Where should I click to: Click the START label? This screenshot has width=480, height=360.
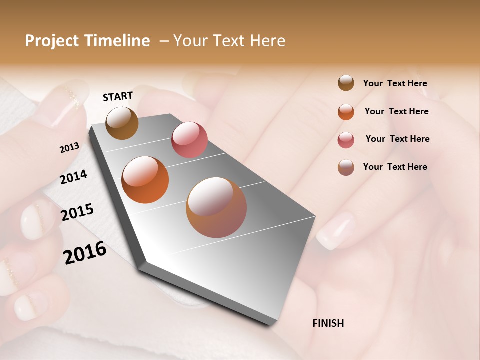(x=118, y=96)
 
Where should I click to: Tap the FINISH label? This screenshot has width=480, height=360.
(x=328, y=323)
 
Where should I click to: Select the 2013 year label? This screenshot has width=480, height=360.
(x=69, y=147)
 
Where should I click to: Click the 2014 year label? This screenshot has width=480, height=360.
(x=73, y=177)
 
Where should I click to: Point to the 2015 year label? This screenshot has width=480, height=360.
(x=77, y=212)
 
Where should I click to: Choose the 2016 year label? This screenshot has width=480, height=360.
(x=85, y=252)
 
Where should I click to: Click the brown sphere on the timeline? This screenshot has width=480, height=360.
(x=122, y=123)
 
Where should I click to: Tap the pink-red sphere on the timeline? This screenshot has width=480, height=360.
(x=189, y=139)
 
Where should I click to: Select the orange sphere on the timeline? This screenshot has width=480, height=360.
(x=145, y=180)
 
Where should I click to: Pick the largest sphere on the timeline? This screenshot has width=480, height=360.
(x=216, y=207)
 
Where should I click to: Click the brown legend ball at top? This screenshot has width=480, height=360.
(x=346, y=83)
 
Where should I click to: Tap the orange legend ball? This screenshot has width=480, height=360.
(x=346, y=112)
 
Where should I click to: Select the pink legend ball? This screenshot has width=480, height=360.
(x=346, y=140)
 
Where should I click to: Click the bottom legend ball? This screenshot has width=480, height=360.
(x=346, y=167)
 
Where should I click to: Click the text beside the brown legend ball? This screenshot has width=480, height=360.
(x=395, y=83)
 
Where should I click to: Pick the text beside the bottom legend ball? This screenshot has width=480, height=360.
(x=395, y=167)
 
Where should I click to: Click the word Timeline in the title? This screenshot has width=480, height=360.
(x=114, y=41)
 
